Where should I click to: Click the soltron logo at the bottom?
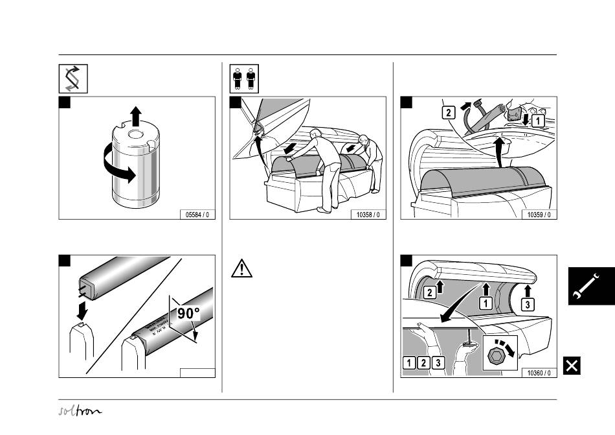pyautogui.click(x=79, y=412)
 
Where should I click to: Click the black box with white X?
pyautogui.click(x=572, y=366)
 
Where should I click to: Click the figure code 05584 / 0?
pyautogui.click(x=197, y=214)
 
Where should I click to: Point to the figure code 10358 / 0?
pyautogui.click(x=367, y=214)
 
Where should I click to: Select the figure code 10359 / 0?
pyautogui.click(x=539, y=214)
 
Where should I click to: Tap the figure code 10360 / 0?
pyautogui.click(x=539, y=373)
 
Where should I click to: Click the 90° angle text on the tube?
pyautogui.click(x=184, y=313)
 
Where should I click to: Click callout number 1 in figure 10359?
pyautogui.click(x=537, y=121)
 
